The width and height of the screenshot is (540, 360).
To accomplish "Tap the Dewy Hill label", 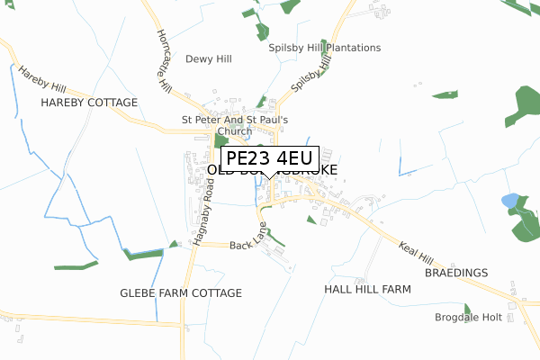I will (209, 59).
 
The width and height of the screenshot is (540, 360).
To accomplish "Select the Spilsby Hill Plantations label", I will (324, 48).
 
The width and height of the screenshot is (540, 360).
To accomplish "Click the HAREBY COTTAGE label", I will (89, 103).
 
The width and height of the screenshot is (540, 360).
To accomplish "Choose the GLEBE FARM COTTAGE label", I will (181, 293).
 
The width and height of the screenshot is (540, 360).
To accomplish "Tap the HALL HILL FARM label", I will (367, 290).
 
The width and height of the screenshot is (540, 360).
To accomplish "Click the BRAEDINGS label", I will (456, 272).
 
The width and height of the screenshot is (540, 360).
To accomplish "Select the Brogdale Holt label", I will (469, 318).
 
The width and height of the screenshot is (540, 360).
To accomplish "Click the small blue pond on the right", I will (510, 200).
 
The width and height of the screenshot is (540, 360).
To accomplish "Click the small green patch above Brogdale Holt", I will (467, 308).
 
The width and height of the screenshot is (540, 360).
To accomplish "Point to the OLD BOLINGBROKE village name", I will (270, 169).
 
